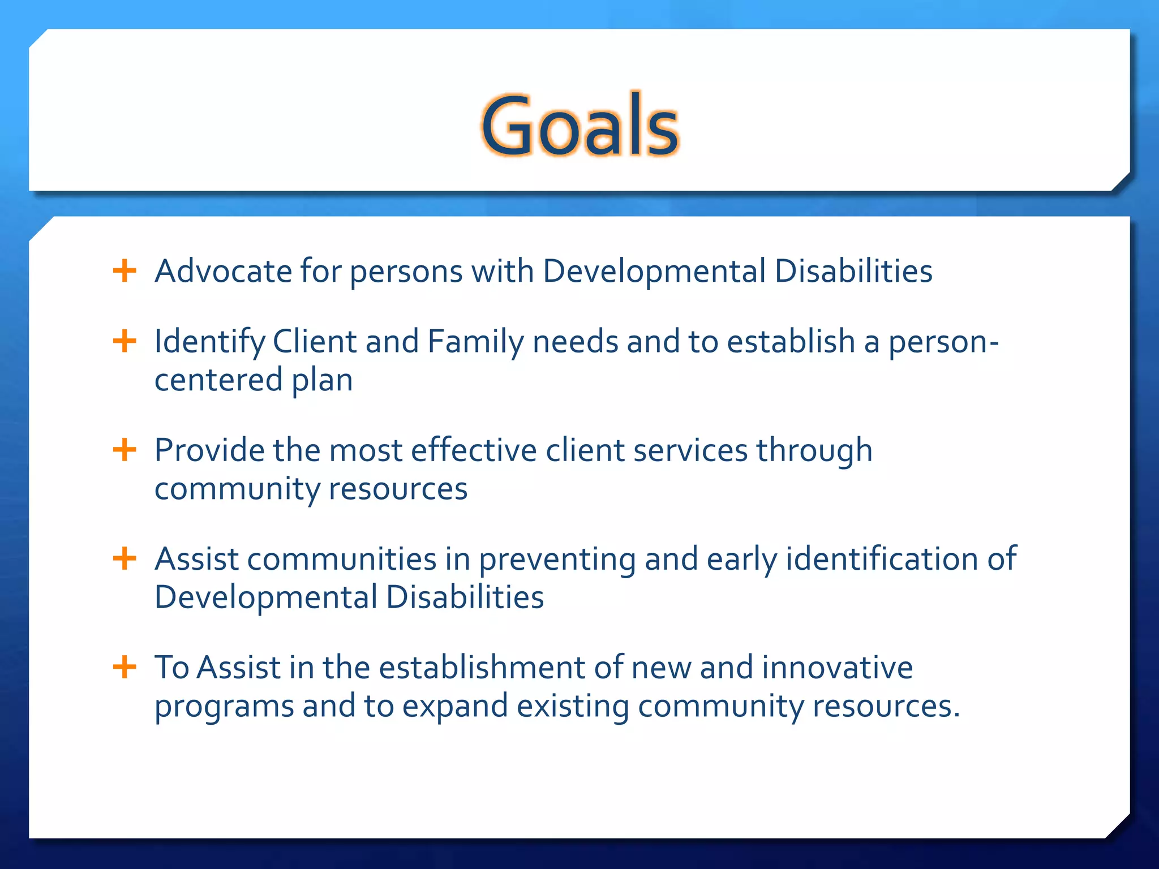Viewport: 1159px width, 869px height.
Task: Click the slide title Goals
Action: click(579, 126)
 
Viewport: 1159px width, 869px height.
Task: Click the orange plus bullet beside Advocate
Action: click(125, 271)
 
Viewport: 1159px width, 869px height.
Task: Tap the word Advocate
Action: click(223, 271)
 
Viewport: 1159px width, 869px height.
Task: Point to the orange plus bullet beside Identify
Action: click(125, 341)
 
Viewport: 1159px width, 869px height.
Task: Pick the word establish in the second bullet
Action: click(790, 342)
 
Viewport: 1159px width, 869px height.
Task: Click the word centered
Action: click(218, 380)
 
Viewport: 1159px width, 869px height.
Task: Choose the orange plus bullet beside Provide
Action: click(125, 450)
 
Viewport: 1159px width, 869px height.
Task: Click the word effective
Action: click(473, 450)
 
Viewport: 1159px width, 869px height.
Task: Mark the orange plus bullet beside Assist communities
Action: click(125, 559)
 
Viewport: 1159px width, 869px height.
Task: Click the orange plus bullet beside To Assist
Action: click(125, 668)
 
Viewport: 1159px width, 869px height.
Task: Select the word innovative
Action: click(837, 668)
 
